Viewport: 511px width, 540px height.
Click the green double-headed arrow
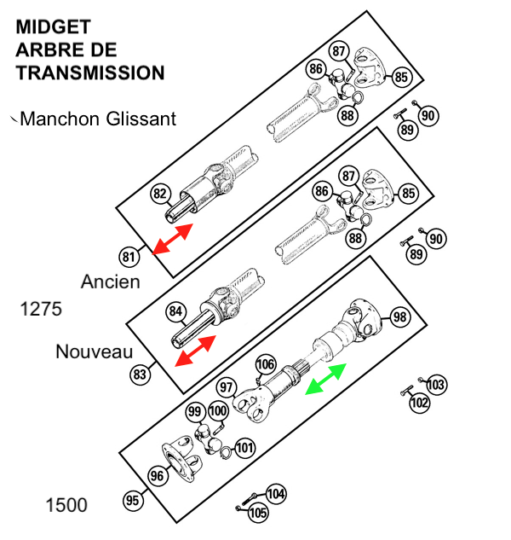tap(325, 379)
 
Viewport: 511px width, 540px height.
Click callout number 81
tap(129, 257)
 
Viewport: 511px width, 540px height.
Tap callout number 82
tap(160, 194)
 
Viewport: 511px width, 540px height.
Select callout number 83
tap(140, 374)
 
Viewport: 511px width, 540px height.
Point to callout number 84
tap(175, 311)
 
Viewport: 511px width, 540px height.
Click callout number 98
tap(400, 316)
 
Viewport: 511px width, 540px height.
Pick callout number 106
tap(266, 364)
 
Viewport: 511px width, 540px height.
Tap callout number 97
tap(227, 387)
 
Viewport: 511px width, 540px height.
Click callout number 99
tap(195, 411)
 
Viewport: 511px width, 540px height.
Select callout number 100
tap(218, 411)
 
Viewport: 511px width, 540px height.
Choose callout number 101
tap(244, 448)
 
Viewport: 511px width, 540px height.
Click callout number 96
tap(158, 476)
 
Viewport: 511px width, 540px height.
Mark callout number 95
tap(133, 501)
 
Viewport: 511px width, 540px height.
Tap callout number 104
tap(276, 494)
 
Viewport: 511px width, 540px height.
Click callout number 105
tap(258, 513)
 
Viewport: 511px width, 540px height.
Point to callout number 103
tap(436, 385)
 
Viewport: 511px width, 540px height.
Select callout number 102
tap(420, 403)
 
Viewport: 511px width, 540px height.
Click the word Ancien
tap(111, 282)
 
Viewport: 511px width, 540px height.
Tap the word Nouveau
tap(95, 352)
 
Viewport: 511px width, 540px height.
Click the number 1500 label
tap(66, 505)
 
